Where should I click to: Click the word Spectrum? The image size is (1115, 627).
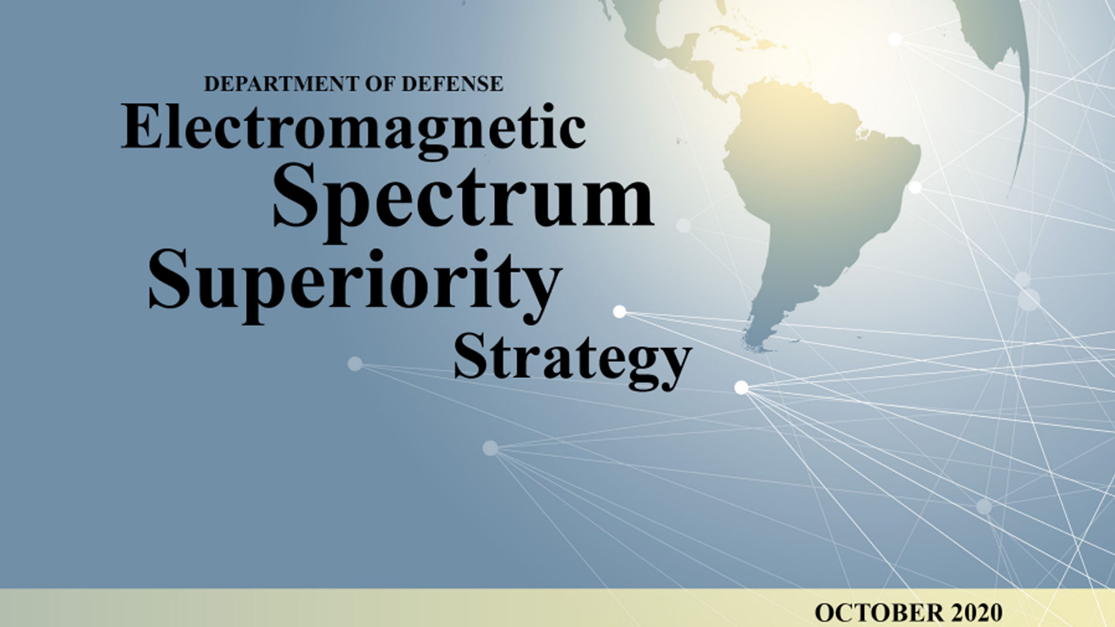pos(463,200)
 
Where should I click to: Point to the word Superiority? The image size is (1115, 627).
pos(355,284)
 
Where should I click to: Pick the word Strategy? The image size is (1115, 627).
pos(573,360)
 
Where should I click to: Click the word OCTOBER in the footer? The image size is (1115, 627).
pos(879,612)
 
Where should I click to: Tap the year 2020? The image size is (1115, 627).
pos(977,612)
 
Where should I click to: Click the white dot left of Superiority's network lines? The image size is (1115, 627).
pos(620,312)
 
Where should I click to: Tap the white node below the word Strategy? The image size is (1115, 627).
pos(741,387)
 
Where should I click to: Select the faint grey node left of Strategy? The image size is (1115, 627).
pos(355,364)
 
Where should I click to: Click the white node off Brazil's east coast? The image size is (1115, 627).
pos(915,188)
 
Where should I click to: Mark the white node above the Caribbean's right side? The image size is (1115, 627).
pos(895,39)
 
